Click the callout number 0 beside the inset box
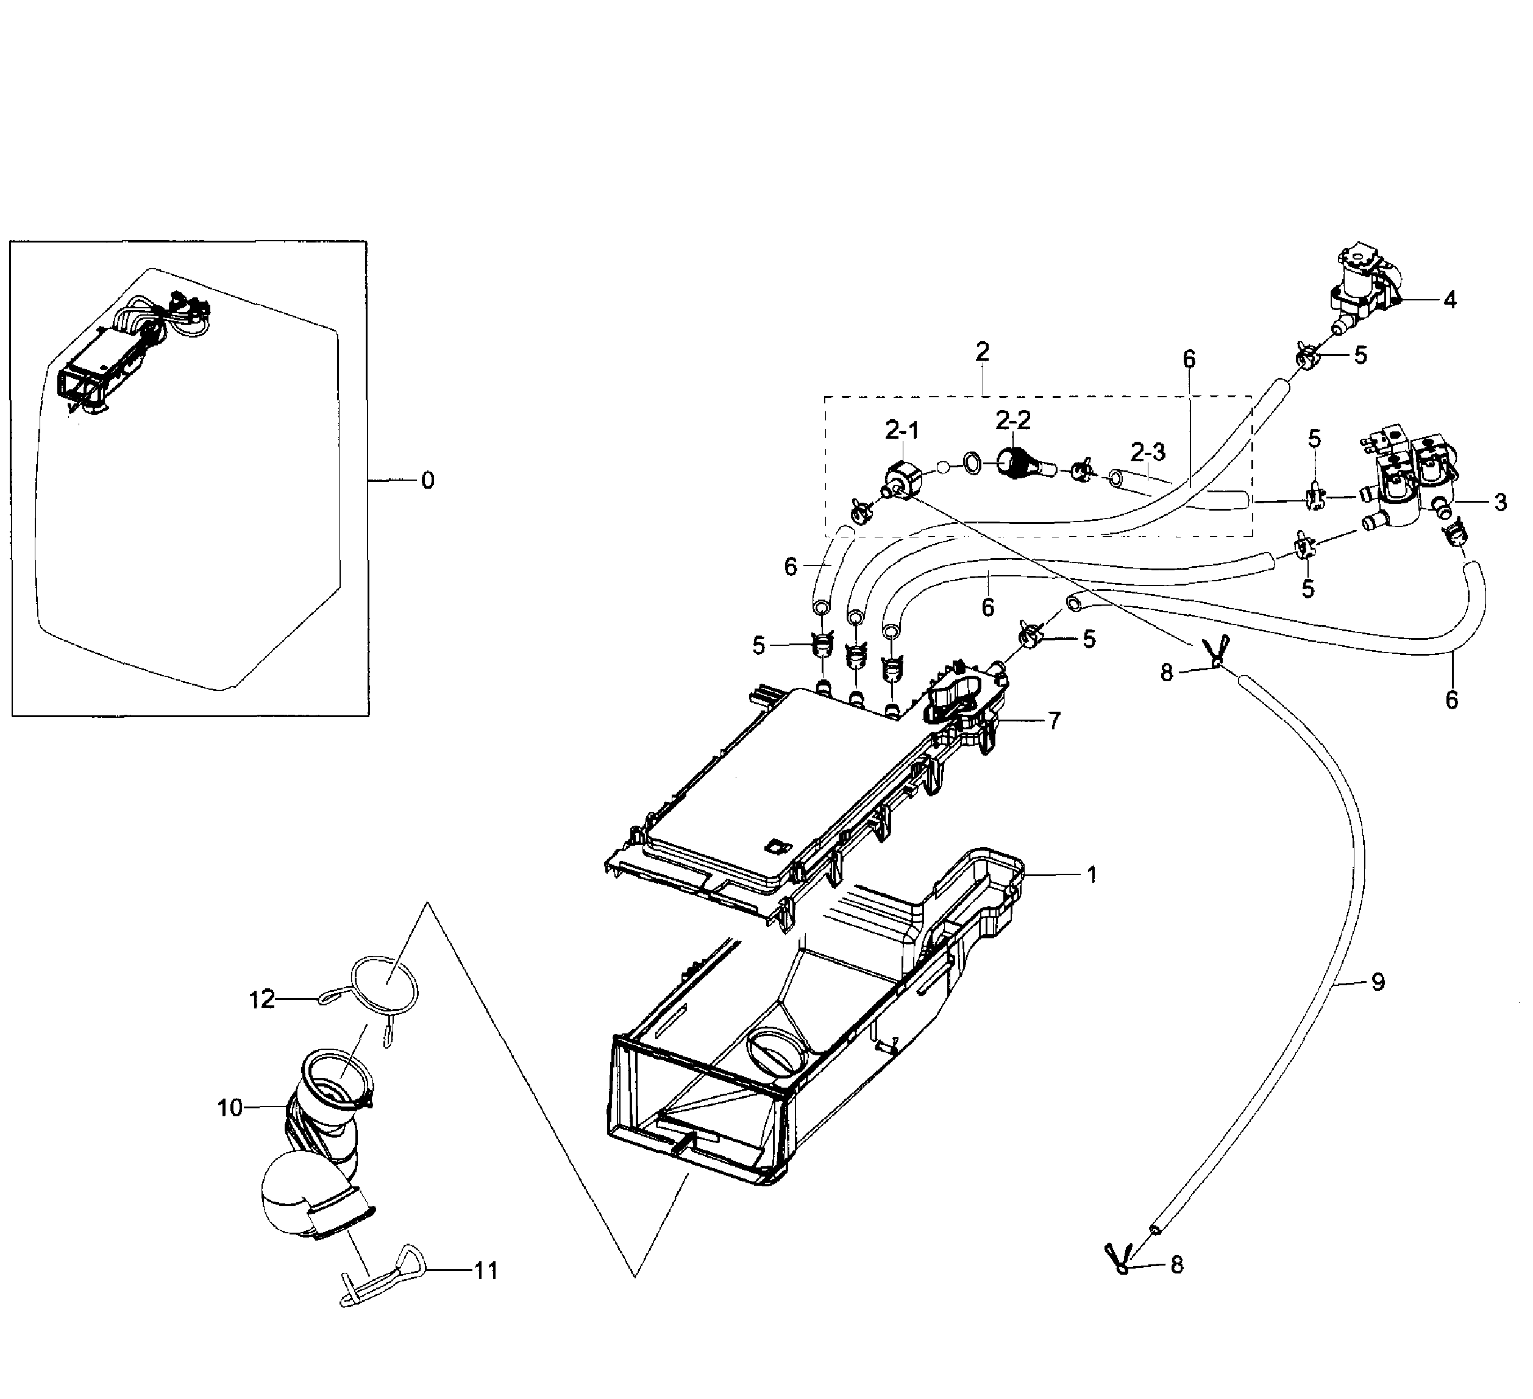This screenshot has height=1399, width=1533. [428, 481]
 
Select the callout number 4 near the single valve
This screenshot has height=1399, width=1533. [1450, 300]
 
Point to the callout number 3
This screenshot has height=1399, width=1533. [1499, 502]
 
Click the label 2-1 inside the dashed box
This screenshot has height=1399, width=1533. [902, 431]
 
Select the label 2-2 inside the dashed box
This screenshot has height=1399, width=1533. [1013, 420]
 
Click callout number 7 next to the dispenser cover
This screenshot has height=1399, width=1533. [1054, 721]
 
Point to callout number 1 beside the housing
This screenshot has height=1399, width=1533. [1092, 875]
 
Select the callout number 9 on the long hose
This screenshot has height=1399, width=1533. [1378, 982]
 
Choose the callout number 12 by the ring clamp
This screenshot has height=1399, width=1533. [261, 999]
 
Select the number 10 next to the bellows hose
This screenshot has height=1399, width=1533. [230, 1108]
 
